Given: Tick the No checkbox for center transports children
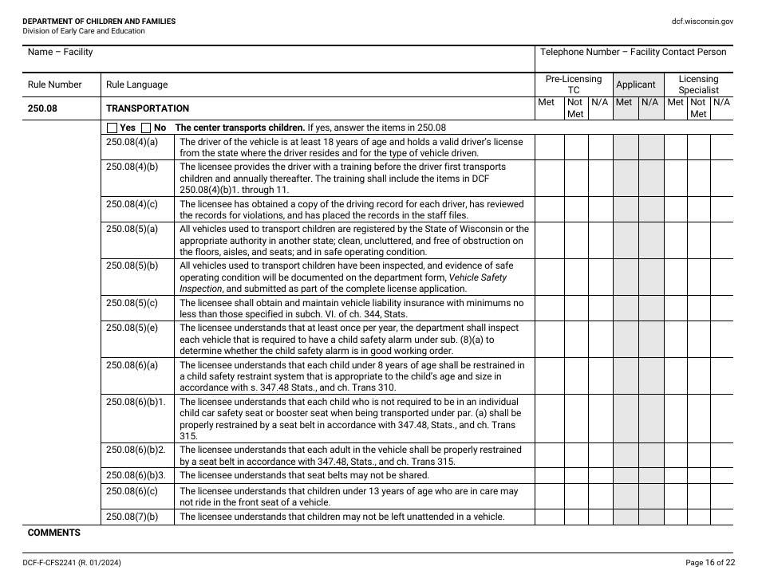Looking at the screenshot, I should [146, 128].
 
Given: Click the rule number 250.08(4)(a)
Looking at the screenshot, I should [132, 142].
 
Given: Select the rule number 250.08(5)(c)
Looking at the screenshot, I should [132, 303].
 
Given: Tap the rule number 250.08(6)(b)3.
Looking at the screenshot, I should [136, 475].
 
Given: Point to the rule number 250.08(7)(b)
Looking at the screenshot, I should [132, 517].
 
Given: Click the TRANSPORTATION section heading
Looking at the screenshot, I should [148, 108].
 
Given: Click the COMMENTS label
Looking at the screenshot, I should [54, 533].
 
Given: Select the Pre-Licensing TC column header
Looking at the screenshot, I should [573, 85].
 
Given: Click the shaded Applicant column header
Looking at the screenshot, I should [635, 85].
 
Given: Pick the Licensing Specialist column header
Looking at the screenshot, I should [698, 85].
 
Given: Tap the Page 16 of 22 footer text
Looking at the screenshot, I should [709, 563].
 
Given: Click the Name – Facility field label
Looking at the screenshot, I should [60, 52].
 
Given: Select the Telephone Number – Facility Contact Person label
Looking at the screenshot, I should [633, 52].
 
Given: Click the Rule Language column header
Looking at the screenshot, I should [136, 85].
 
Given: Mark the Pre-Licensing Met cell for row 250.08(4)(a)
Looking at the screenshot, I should [549, 147].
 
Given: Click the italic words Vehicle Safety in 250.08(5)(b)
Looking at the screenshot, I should [478, 277].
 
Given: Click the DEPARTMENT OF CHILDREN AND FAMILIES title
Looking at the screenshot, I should [99, 22].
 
